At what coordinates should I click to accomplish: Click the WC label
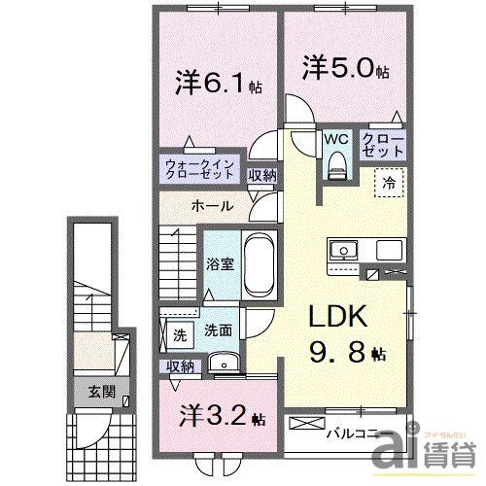point(337,138)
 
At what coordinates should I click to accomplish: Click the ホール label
point(211,206)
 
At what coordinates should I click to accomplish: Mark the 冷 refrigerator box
point(388,181)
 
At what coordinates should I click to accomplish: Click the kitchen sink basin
point(344,251)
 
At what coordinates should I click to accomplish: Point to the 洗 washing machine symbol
point(179,333)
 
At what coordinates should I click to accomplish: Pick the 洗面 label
point(217,331)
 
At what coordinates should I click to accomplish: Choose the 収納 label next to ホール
point(260,176)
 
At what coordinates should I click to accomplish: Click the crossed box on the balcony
point(307,425)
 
